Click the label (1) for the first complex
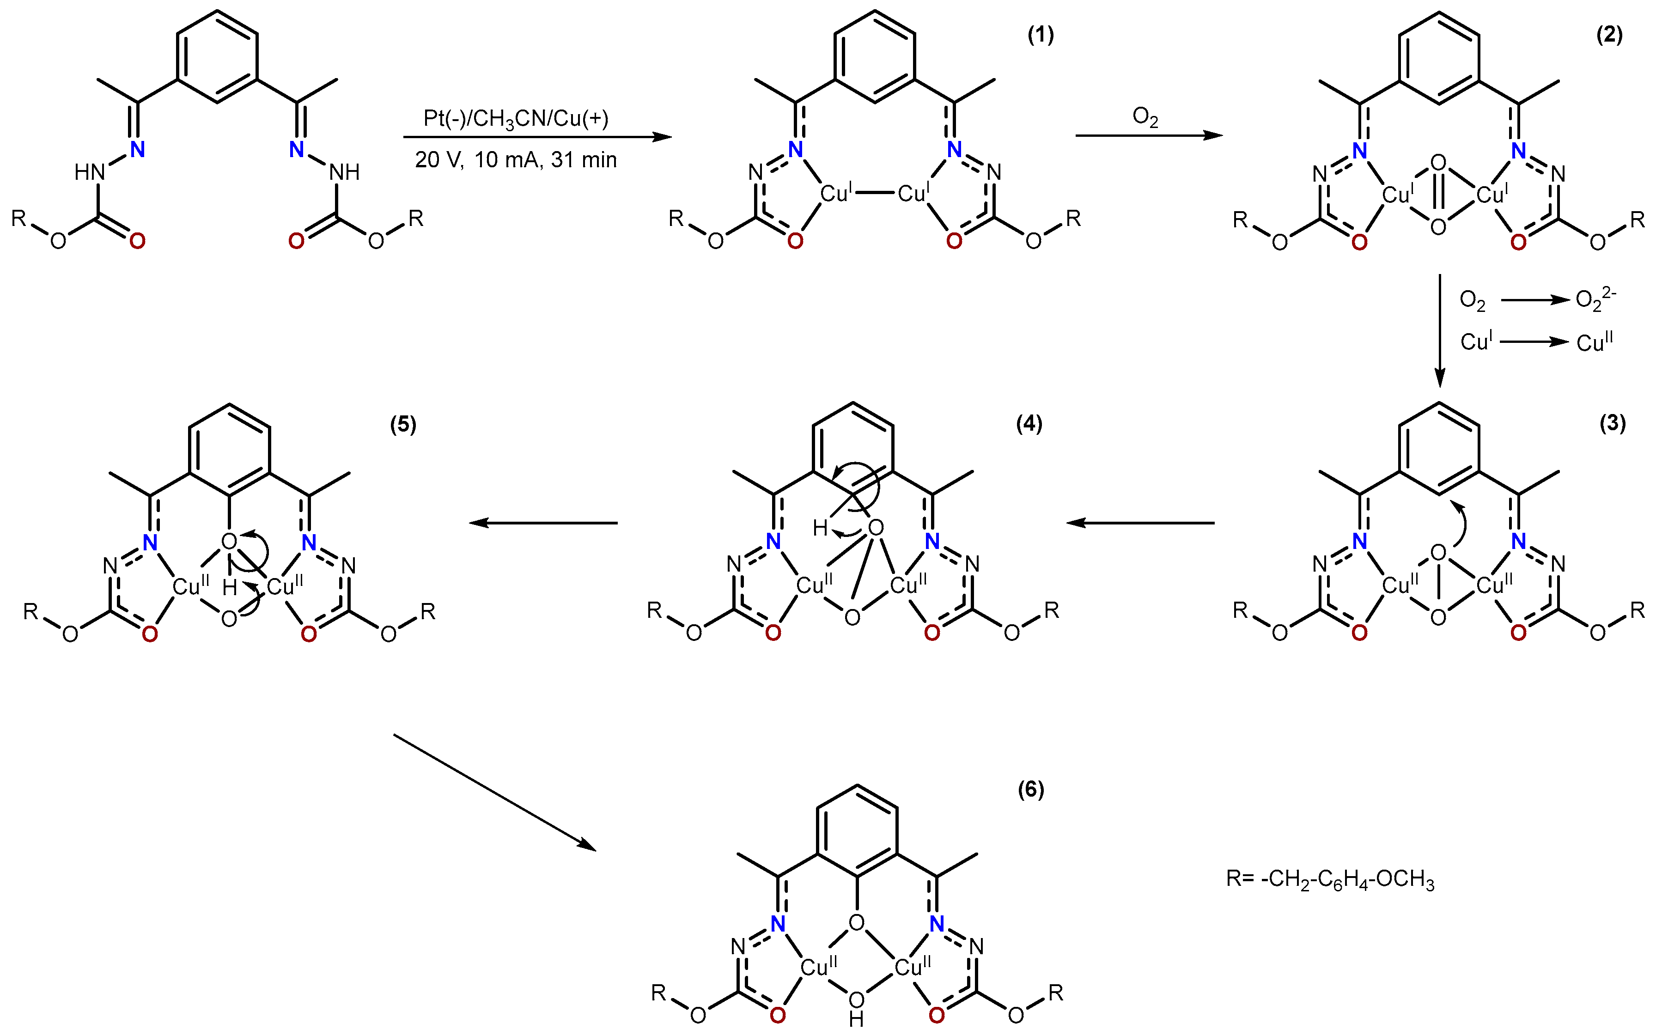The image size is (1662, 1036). (x=1040, y=35)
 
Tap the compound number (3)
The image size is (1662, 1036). (x=1612, y=423)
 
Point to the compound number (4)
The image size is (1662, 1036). (x=1029, y=423)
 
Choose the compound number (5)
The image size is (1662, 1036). (x=403, y=424)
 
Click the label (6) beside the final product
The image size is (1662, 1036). (x=1030, y=790)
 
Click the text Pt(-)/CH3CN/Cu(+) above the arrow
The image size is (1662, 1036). (x=515, y=119)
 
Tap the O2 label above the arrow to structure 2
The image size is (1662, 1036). (x=1145, y=117)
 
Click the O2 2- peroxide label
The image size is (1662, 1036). (x=1595, y=299)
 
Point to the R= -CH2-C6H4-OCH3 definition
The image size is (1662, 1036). (x=1330, y=879)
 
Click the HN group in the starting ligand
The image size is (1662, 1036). (x=90, y=172)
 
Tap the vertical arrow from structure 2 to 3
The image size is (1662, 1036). (x=1439, y=331)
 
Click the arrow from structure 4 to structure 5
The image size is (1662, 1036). (x=543, y=523)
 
